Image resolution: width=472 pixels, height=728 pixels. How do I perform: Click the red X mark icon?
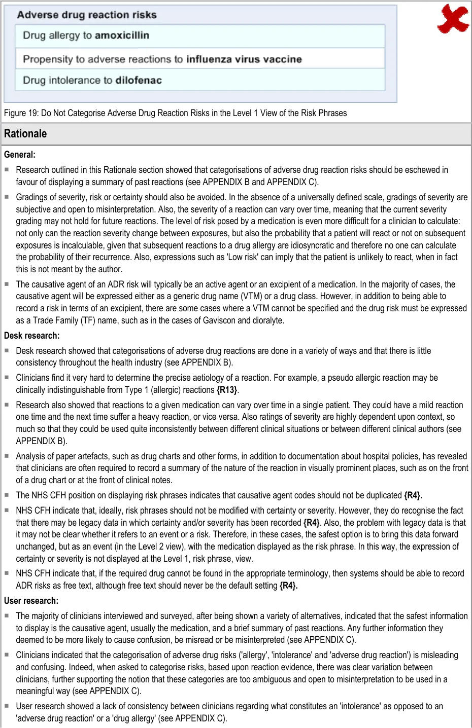[453, 19]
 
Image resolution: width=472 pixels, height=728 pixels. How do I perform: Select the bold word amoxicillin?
[122, 35]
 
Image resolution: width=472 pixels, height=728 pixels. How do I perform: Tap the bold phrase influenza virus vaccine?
[244, 59]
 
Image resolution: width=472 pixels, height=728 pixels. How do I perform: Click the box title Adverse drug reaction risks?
[87, 15]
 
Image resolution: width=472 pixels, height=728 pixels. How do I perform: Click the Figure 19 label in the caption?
[20, 113]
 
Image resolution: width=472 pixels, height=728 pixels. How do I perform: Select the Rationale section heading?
[25, 134]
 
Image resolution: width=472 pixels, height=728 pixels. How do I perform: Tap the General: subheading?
[20, 155]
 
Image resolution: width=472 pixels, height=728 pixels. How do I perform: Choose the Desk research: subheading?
[31, 336]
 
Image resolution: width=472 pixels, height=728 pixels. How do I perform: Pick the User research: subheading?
[31, 601]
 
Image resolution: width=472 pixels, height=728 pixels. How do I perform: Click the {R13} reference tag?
[227, 390]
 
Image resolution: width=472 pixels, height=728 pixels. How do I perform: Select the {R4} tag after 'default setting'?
[288, 586]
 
